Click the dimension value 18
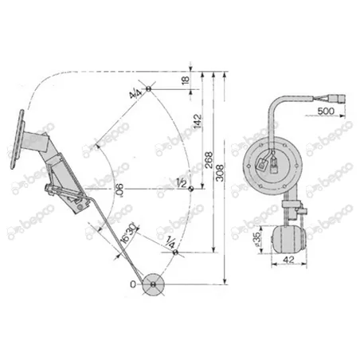click(x=186, y=80)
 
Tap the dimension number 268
click(x=209, y=156)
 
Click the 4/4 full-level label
click(x=135, y=94)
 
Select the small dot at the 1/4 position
click(x=176, y=252)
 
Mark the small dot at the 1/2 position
click(x=190, y=190)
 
